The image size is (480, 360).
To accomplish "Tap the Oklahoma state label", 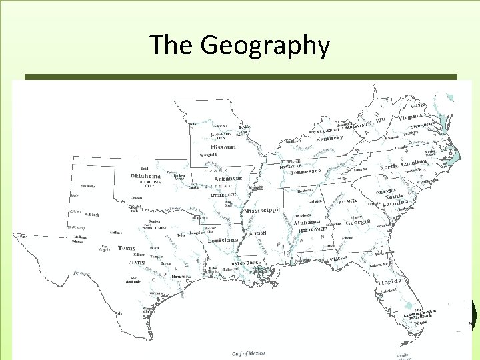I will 146,176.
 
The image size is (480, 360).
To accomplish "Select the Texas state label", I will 127,248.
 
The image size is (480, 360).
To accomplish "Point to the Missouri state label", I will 223,147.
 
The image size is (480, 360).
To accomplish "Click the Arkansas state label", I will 227,179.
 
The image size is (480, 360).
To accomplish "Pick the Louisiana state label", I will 223,240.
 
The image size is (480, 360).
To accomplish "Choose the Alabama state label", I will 307,222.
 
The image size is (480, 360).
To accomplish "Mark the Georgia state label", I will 358,223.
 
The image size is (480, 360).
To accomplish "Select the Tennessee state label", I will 306,171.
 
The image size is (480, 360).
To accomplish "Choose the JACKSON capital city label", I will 257,233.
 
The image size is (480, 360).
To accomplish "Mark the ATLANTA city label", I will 348,201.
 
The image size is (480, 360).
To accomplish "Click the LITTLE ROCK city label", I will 223,195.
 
